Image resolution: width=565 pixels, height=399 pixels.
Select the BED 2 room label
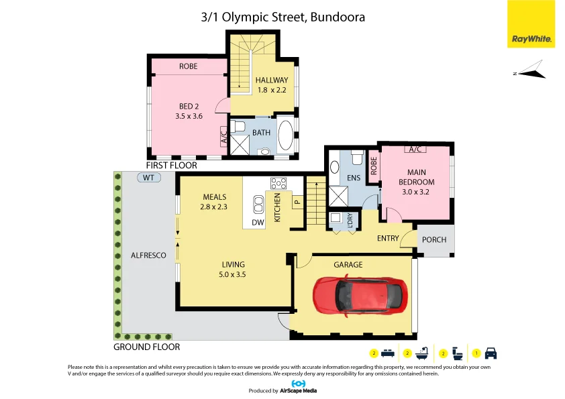[189, 107]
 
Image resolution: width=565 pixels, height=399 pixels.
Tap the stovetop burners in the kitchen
[278, 183]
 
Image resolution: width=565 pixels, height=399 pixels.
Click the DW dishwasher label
[258, 223]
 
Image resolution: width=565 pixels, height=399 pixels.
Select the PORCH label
[434, 239]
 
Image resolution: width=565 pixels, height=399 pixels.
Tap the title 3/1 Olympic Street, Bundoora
[282, 17]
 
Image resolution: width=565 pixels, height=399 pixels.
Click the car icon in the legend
[491, 353]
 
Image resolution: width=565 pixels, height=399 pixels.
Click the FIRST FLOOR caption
[172, 165]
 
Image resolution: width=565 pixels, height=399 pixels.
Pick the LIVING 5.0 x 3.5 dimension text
[234, 269]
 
